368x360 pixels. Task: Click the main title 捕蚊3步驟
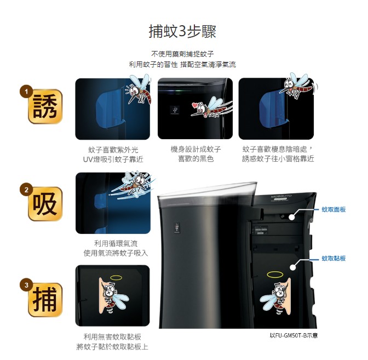pos(182,31)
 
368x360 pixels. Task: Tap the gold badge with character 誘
pos(45,106)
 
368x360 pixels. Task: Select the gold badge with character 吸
pos(45,204)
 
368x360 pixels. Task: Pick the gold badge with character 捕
pos(45,300)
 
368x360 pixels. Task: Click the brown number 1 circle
pos(26,92)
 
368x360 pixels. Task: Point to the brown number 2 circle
pos(26,189)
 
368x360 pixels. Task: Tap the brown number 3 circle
pos(26,285)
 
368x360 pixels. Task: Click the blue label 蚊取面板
pos(334,209)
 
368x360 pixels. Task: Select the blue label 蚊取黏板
pos(334,258)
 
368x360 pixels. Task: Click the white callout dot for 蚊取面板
pos(291,217)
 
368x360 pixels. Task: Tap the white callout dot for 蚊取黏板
pos(292,267)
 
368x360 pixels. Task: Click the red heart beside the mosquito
pos(195,105)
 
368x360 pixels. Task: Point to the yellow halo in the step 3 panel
pos(116,278)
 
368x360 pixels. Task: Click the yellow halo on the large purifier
pos(275,275)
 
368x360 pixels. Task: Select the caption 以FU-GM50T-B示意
pos(294,335)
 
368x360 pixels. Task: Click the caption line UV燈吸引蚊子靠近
pos(113,159)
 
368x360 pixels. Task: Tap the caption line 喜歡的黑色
pos(196,159)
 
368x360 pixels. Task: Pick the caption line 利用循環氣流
pos(116,243)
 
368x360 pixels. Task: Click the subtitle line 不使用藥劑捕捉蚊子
pos(182,54)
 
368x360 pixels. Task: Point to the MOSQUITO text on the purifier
pos(281,196)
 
